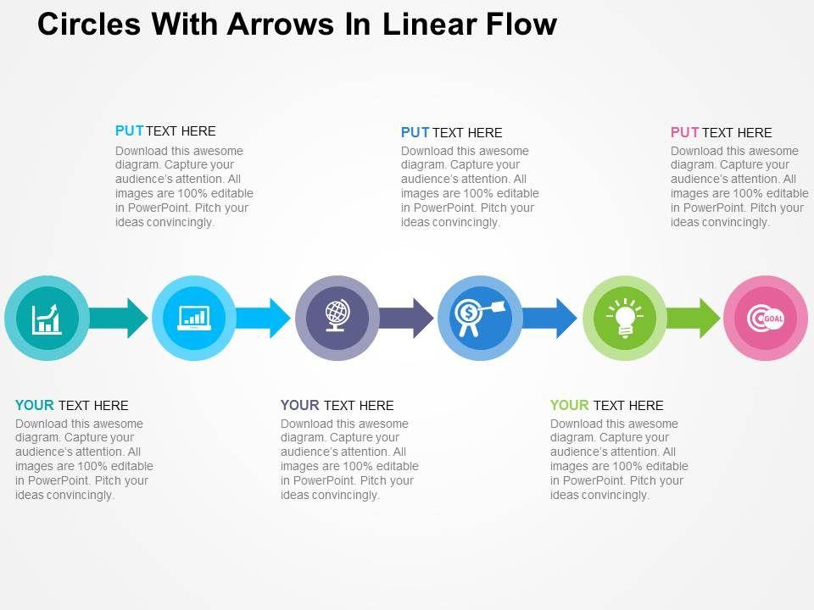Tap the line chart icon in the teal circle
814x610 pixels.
click(x=47, y=319)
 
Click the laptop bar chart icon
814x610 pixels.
click(x=193, y=319)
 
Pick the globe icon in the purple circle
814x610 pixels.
click(x=337, y=318)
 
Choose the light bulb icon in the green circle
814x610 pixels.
click(x=625, y=318)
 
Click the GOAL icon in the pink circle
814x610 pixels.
click(x=766, y=319)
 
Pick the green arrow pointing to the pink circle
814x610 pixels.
click(x=695, y=318)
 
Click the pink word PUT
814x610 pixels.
click(x=684, y=132)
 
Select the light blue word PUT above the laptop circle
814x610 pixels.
click(x=129, y=130)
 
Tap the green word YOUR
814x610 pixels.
click(x=570, y=405)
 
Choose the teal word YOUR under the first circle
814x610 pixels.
click(x=35, y=405)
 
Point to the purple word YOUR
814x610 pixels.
click(x=300, y=405)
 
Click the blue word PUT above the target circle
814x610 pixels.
click(x=415, y=132)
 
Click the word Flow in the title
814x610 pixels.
click(x=520, y=24)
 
